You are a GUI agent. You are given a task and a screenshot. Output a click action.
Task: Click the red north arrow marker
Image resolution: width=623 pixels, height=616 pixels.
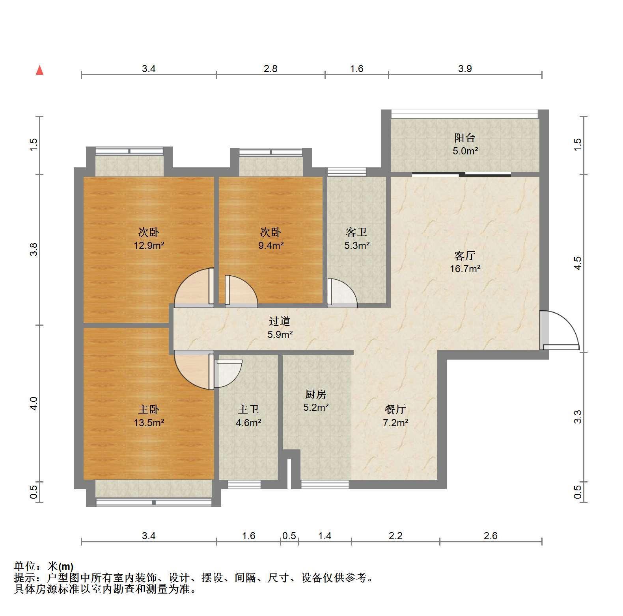(39, 70)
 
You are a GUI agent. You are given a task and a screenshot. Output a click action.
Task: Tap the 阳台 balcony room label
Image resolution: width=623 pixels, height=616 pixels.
(465, 138)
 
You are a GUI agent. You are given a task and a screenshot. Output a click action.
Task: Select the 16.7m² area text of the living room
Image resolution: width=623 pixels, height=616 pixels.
(465, 269)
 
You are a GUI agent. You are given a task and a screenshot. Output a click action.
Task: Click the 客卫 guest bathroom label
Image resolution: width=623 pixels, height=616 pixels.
(356, 232)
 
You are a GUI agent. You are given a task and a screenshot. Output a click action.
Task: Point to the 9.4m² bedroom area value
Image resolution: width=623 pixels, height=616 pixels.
(271, 245)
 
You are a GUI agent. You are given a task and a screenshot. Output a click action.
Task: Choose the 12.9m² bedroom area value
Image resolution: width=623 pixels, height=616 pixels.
(149, 245)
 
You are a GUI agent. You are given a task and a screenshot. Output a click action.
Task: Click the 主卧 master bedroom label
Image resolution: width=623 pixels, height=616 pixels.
(149, 410)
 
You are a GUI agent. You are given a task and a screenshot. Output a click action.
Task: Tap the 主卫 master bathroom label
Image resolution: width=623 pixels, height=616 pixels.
(248, 410)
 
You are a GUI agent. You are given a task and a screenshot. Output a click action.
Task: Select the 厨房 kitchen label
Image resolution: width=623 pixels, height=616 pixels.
(316, 394)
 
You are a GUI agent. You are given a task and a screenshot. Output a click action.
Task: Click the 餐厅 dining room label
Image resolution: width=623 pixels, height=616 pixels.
(395, 410)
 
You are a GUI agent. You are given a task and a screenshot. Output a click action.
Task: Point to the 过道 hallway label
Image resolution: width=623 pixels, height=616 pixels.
(280, 321)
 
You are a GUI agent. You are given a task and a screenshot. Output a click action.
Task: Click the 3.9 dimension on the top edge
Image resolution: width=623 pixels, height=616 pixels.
(465, 69)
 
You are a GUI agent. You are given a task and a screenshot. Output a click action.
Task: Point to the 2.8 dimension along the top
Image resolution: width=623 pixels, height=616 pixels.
(270, 69)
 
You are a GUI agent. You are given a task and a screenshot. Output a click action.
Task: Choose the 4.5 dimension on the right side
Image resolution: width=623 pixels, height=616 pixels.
(578, 263)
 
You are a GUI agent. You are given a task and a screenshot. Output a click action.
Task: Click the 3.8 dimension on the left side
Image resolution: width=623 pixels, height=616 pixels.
(34, 249)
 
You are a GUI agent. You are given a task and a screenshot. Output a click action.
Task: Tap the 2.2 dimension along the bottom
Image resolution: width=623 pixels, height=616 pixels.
(395, 536)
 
